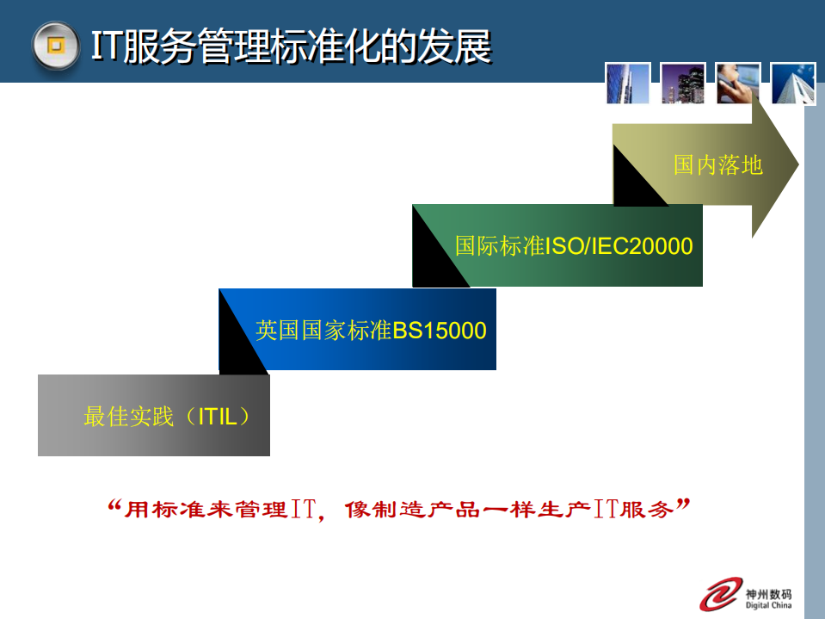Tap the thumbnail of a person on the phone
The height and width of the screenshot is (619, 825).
pos(738,84)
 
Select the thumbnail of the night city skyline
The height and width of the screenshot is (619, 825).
pos(683,84)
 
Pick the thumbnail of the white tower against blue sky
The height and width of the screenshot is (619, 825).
pos(793,84)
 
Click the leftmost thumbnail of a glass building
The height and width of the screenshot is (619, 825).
pos(627,84)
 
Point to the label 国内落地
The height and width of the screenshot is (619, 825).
pos(718,164)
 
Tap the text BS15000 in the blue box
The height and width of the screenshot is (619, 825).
pos(440,331)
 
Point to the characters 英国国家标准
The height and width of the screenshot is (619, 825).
pos(323,331)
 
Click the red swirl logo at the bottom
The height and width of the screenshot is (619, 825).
pos(721,594)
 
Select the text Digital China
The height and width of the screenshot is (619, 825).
pos(768,605)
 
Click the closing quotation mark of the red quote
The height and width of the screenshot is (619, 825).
pos(684,503)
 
